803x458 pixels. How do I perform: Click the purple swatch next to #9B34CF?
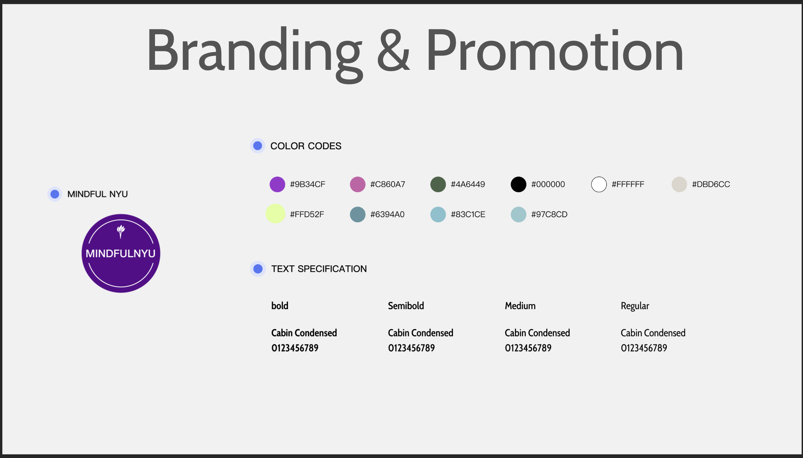pyautogui.click(x=277, y=184)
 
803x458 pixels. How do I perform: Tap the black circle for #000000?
pyautogui.click(x=518, y=184)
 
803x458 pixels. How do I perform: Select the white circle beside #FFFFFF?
pyautogui.click(x=599, y=184)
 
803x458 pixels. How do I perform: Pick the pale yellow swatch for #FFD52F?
pyautogui.click(x=275, y=214)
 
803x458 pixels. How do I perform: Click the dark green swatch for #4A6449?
pyautogui.click(x=438, y=184)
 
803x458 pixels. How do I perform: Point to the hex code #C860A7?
pyautogui.click(x=388, y=184)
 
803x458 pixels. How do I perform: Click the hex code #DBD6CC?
pyautogui.click(x=711, y=184)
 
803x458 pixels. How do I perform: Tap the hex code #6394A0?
pyautogui.click(x=387, y=215)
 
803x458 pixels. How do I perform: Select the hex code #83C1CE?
pyautogui.click(x=468, y=215)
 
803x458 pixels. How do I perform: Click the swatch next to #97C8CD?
pyautogui.click(x=518, y=215)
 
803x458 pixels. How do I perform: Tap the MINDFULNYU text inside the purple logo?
pyautogui.click(x=120, y=253)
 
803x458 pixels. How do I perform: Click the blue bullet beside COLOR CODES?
pyautogui.click(x=258, y=146)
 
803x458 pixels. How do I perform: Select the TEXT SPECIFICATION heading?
pyautogui.click(x=319, y=269)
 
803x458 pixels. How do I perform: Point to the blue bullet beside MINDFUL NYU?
pyautogui.click(x=55, y=194)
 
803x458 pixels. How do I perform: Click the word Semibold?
pyautogui.click(x=406, y=306)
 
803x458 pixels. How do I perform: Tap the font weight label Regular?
pyautogui.click(x=635, y=306)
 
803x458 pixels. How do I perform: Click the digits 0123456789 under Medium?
pyautogui.click(x=528, y=348)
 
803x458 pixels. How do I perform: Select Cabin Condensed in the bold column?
pyautogui.click(x=304, y=333)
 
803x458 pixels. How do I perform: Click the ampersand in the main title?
pyautogui.click(x=394, y=50)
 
